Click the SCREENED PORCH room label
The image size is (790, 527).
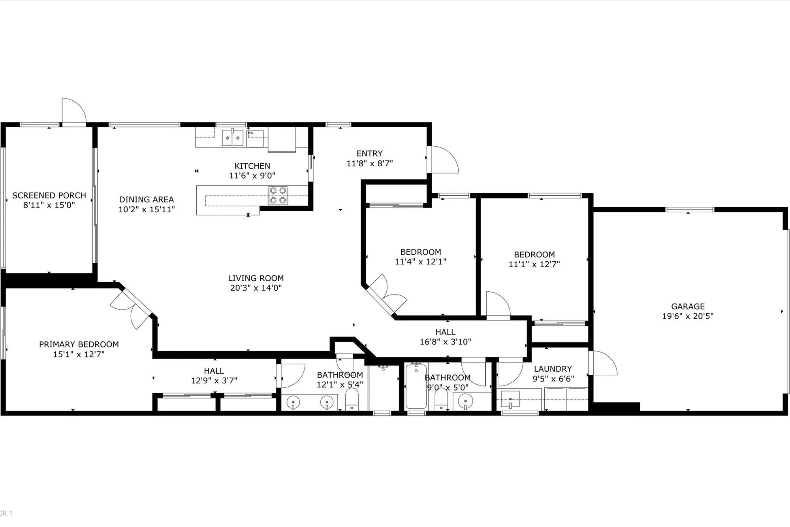tap(49, 195)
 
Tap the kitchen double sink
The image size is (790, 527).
tap(232, 138)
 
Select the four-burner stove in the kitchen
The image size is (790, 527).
tap(278, 195)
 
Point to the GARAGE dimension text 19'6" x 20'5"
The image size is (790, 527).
tap(688, 316)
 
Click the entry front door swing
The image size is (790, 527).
tap(443, 160)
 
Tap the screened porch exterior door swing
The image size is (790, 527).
tap(74, 111)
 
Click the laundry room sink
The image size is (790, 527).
tap(510, 399)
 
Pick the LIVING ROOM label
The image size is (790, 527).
tap(256, 278)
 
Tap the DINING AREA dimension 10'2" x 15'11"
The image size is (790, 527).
tap(147, 210)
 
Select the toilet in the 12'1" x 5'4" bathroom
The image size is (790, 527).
tap(352, 399)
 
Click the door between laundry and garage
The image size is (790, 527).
tap(602, 364)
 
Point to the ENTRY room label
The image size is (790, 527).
tap(369, 153)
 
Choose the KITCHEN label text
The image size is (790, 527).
tap(252, 166)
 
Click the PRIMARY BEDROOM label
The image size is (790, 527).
tap(79, 344)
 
